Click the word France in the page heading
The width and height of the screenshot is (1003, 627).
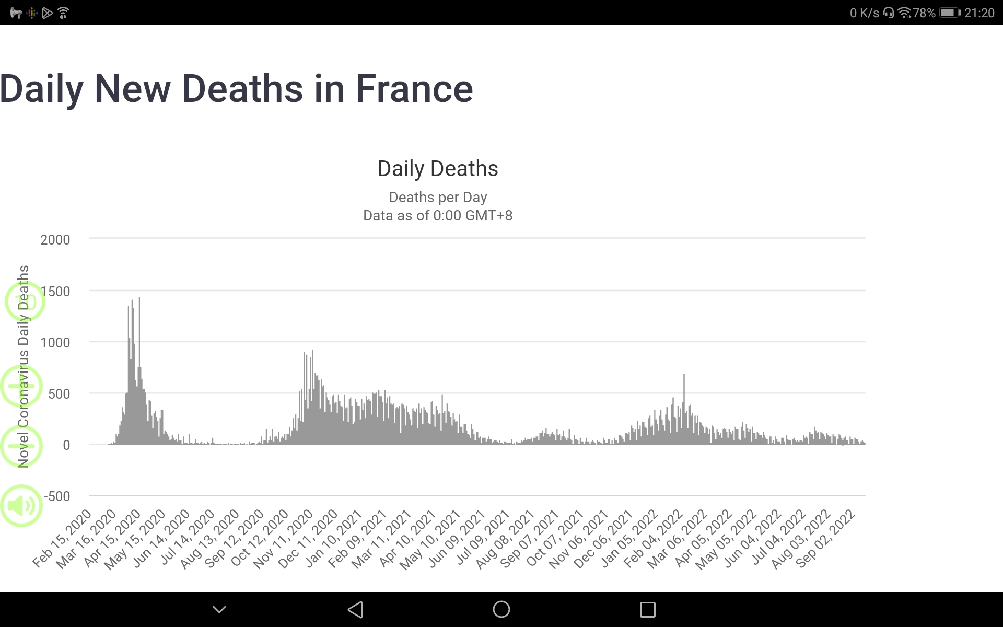pyautogui.click(x=414, y=89)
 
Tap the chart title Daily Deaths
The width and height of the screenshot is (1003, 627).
pyautogui.click(x=438, y=169)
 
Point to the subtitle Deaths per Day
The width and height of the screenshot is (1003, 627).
pyautogui.click(x=438, y=198)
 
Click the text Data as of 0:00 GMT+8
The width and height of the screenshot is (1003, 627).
pyautogui.click(x=438, y=216)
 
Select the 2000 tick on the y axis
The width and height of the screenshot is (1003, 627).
pyautogui.click(x=55, y=240)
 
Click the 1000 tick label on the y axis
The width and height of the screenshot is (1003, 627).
pyautogui.click(x=55, y=343)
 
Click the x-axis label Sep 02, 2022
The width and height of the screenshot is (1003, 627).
pyautogui.click(x=825, y=538)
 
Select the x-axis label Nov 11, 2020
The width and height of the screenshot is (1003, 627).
pyautogui.click(x=283, y=538)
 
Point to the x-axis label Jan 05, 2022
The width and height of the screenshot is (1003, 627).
pyautogui.click(x=629, y=538)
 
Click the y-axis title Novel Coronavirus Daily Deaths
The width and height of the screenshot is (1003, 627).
pyautogui.click(x=24, y=366)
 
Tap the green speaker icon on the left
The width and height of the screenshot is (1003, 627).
pyautogui.click(x=21, y=506)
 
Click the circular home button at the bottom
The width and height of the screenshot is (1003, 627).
pyautogui.click(x=501, y=609)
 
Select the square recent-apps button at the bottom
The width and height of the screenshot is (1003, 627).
pyautogui.click(x=648, y=609)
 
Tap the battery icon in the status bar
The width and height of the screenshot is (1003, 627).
pyautogui.click(x=949, y=13)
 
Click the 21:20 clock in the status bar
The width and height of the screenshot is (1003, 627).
pyautogui.click(x=979, y=13)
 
